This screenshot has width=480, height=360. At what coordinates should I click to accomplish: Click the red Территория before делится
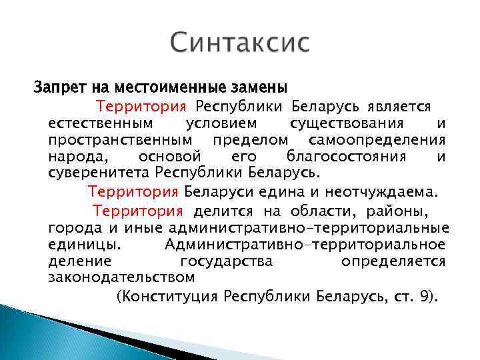[x=137, y=211]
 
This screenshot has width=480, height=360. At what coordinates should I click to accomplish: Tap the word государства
[x=226, y=261]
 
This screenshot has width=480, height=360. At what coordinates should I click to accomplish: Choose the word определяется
[x=393, y=261]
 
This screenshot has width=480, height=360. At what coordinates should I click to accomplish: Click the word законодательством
[x=121, y=277]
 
